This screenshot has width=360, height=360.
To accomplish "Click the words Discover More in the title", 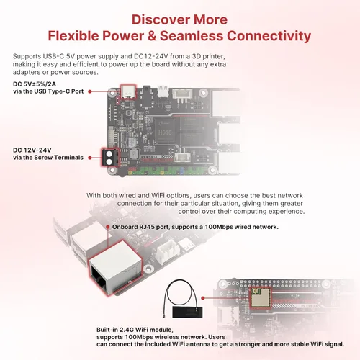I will click(x=179, y=19).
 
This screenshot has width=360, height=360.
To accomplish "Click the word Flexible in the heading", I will click(x=78, y=35).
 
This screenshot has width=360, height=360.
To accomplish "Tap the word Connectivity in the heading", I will click(x=266, y=35).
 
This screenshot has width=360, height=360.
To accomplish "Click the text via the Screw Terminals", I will click(x=48, y=158).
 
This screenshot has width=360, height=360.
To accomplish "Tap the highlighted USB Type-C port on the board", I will click(x=129, y=91).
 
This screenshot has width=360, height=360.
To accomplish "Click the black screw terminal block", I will click(x=110, y=157).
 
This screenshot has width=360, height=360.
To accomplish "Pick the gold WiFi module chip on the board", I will click(x=260, y=297).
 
